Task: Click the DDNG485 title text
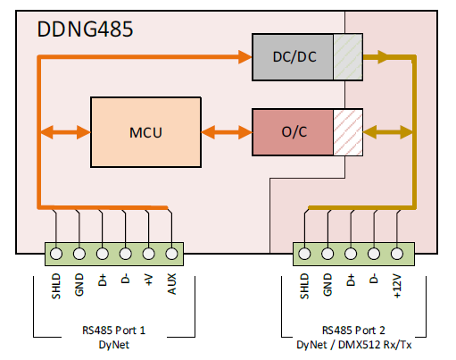click(x=86, y=29)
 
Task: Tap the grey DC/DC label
click(x=294, y=57)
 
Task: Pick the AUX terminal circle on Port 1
click(x=170, y=253)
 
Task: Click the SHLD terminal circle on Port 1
click(x=55, y=253)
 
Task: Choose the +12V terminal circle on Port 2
click(x=396, y=253)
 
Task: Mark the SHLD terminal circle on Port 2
click(x=304, y=253)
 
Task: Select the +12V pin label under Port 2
click(x=396, y=288)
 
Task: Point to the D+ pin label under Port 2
click(x=351, y=282)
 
